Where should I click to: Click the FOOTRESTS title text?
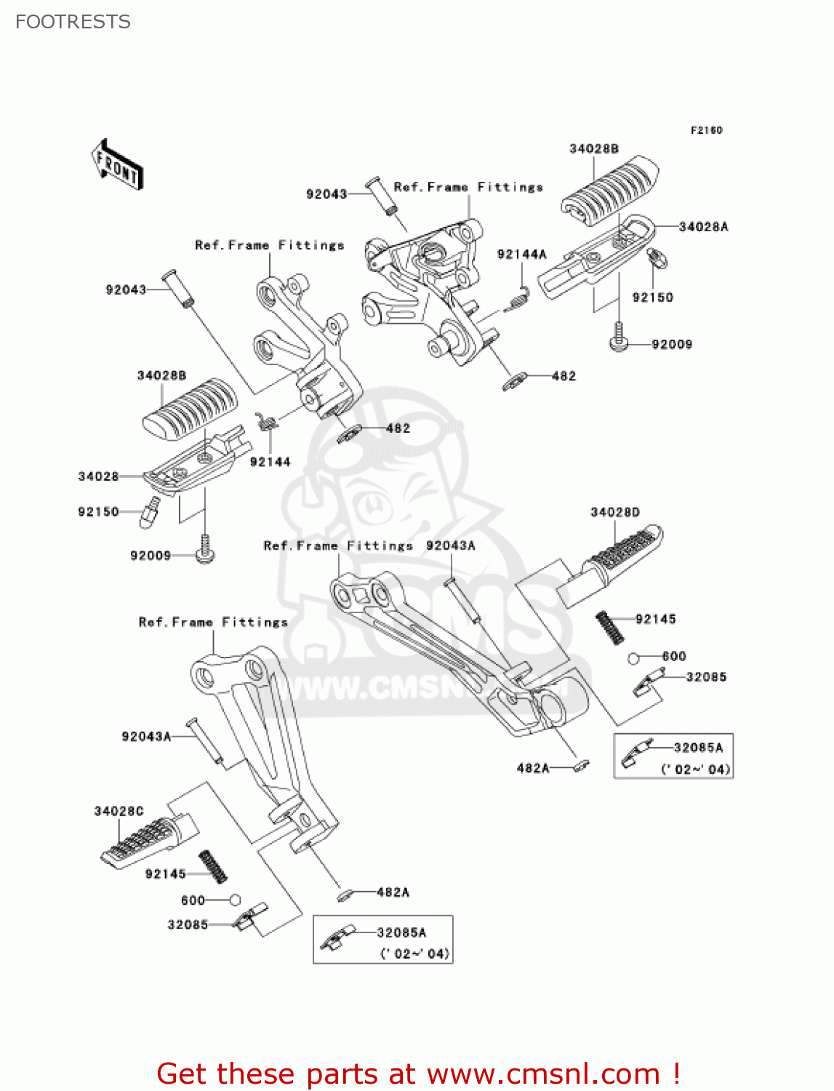pyautogui.click(x=73, y=22)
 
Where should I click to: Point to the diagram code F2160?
pyautogui.click(x=706, y=130)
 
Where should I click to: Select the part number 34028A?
pyautogui.click(x=703, y=227)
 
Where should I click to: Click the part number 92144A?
pyautogui.click(x=521, y=255)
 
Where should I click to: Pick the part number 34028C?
pyautogui.click(x=119, y=811)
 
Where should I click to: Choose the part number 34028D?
pyautogui.click(x=615, y=512)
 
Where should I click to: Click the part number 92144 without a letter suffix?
pyautogui.click(x=270, y=462)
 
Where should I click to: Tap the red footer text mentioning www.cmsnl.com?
pyautogui.click(x=418, y=1074)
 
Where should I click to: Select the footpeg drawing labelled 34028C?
pyautogui.click(x=149, y=839)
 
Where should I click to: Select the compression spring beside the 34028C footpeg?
pyautogui.click(x=213, y=866)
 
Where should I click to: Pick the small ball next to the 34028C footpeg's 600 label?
pyautogui.click(x=235, y=900)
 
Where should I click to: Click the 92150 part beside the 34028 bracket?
pyautogui.click(x=149, y=512)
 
